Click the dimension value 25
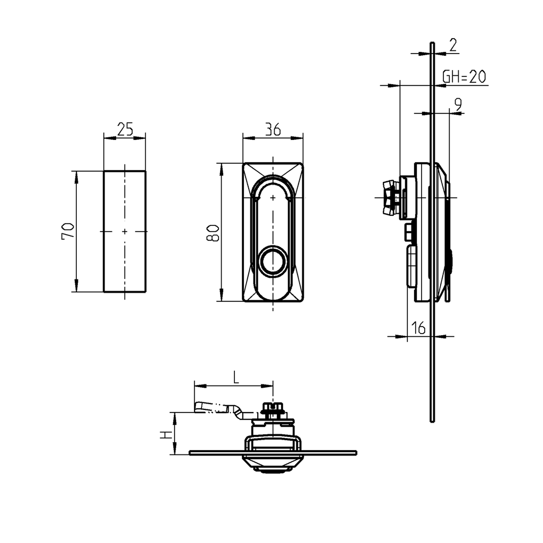[x=125, y=129]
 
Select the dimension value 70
[x=68, y=232]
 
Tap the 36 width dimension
[x=273, y=130]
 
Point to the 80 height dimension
[x=212, y=232]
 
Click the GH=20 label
[x=464, y=77]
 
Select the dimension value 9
[x=458, y=104]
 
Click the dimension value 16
[x=418, y=329]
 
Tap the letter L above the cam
[x=237, y=378]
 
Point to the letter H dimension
[x=166, y=434]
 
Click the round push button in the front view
[x=273, y=261]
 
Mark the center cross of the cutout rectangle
[x=125, y=231]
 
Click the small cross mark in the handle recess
[x=273, y=198]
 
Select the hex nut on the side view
[x=390, y=197]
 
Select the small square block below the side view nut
[x=408, y=232]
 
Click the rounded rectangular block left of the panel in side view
[x=411, y=266]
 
